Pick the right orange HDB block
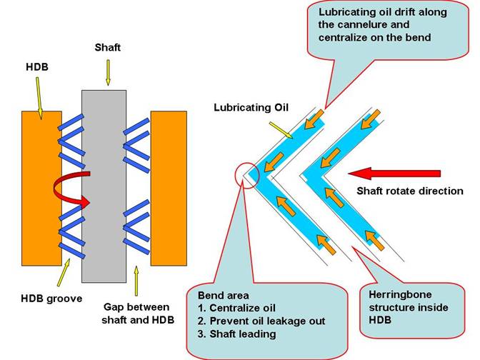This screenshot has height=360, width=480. click(x=169, y=186)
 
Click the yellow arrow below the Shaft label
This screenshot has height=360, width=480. click(x=108, y=71)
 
